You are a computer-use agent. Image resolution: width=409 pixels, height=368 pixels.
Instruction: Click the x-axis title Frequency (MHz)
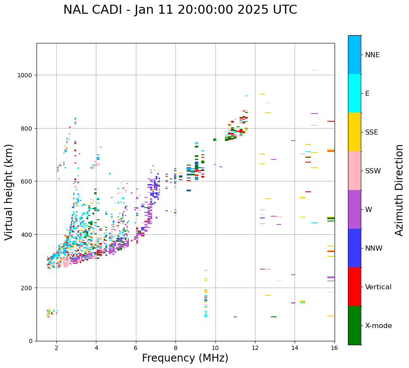185,358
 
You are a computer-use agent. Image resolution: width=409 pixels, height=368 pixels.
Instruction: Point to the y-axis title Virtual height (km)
9,192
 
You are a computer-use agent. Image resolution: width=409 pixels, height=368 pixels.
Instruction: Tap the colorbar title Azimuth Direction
400,190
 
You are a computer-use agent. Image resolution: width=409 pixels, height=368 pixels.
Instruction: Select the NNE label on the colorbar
372,55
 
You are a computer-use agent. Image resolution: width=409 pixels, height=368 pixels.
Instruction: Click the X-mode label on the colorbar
378,326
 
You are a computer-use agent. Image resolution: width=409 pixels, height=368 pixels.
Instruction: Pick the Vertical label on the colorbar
378,287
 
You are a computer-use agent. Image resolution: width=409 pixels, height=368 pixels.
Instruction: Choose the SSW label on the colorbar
373,171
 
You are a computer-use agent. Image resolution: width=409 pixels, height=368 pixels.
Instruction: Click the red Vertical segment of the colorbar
354,287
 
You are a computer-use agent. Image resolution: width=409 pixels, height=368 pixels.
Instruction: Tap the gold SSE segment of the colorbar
354,132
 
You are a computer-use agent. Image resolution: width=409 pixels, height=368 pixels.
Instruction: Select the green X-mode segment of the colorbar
354,325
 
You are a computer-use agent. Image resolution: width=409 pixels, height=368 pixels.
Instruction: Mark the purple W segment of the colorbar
354,209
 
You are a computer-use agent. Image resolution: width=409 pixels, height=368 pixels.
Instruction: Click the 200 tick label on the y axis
28,288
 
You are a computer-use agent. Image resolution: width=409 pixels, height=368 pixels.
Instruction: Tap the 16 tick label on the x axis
334,348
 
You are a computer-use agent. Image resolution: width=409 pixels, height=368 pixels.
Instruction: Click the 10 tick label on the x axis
215,348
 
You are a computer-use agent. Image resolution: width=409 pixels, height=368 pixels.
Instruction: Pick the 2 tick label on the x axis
56,348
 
